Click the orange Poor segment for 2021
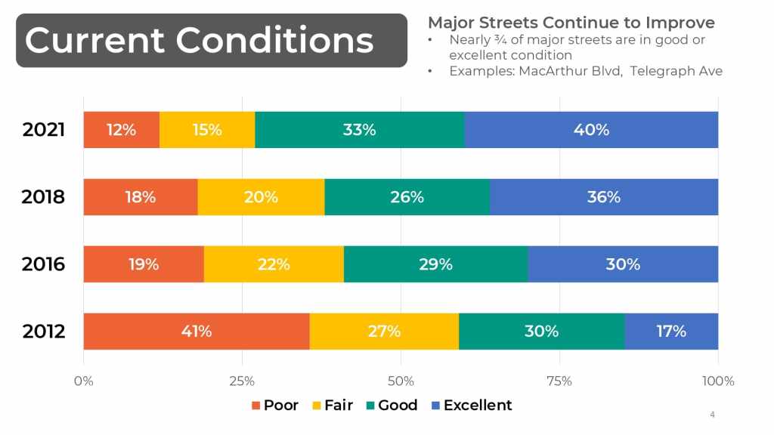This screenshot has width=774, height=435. pos(121,130)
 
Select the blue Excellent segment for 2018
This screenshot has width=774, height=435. pos(603,197)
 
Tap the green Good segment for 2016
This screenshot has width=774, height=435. pos(435,264)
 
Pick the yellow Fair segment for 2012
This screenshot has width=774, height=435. pos(384,332)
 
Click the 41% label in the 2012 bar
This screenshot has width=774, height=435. pos(197,332)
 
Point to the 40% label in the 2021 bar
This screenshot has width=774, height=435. pos(591,130)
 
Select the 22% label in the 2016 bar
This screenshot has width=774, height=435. pos(273,264)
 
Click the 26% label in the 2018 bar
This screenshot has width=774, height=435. pos(407,197)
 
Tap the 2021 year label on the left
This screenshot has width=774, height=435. pos(44,130)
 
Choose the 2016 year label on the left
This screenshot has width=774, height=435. pos(44,264)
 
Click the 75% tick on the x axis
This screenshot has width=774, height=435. pos(559,381)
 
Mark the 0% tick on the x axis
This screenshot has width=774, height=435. pos(83,381)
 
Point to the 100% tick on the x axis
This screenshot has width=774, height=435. pos(718,381)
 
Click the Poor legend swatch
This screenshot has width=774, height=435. pos(256,406)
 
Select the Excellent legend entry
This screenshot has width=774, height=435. pos(477,406)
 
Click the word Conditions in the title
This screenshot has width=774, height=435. pos(275,40)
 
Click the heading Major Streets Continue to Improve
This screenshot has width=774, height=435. pos(571,23)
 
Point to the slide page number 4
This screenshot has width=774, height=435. pos(712,415)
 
